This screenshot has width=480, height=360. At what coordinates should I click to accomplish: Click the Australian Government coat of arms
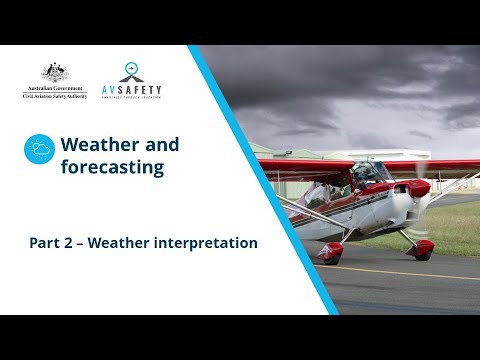pyautogui.click(x=55, y=72)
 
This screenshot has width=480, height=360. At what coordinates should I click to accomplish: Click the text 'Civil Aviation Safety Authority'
pyautogui.click(x=55, y=95)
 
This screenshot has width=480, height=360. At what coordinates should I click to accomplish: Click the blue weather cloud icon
pyautogui.click(x=39, y=149)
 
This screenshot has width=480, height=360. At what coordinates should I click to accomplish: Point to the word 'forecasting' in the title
pyautogui.click(x=112, y=167)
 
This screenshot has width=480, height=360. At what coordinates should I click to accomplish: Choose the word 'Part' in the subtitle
pyautogui.click(x=44, y=243)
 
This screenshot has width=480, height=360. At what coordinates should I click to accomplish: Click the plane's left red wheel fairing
pyautogui.click(x=330, y=249)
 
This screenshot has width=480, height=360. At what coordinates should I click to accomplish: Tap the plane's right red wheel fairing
pyautogui.click(x=423, y=247)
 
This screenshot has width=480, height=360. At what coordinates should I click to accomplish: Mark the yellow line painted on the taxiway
pyautogui.click(x=400, y=273)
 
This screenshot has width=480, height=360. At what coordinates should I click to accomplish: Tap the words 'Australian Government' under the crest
pyautogui.click(x=55, y=88)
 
